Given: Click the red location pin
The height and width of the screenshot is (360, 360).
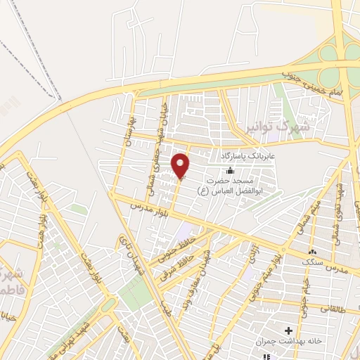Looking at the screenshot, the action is pos(181,165).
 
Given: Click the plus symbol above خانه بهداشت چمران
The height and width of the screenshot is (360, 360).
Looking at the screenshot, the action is pos(288,329).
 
